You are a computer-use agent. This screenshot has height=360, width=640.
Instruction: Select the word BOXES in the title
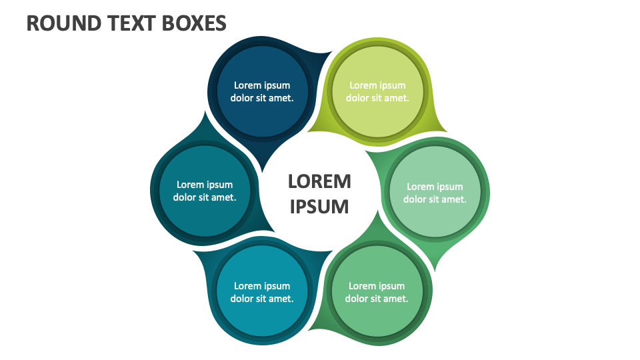[193, 23]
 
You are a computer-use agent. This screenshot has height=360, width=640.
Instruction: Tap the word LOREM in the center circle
[319, 181]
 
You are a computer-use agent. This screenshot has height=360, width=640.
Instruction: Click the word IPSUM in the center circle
[319, 206]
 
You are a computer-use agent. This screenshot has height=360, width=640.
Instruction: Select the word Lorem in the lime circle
[362, 85]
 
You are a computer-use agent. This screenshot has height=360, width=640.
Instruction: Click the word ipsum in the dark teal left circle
[219, 185]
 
